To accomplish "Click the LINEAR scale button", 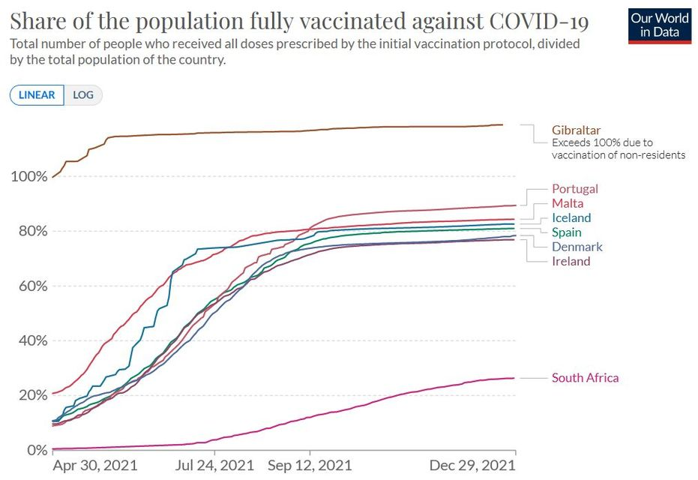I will pyautogui.click(x=37, y=95).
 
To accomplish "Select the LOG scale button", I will pyautogui.click(x=83, y=95).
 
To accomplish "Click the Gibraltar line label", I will pyautogui.click(x=577, y=130).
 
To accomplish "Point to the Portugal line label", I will pyautogui.click(x=575, y=189).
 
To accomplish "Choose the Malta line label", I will pyautogui.click(x=568, y=203).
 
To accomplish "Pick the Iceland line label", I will pyautogui.click(x=571, y=217).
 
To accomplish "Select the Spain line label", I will pyautogui.click(x=567, y=232).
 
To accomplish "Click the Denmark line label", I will pyautogui.click(x=577, y=247).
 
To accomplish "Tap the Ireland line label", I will pyautogui.click(x=571, y=261).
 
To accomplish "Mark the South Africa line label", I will pyautogui.click(x=586, y=378).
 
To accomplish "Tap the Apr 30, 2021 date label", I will pyautogui.click(x=97, y=465).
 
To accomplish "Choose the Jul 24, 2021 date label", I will pyautogui.click(x=214, y=465).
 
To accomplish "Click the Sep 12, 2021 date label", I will pyautogui.click(x=309, y=465).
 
